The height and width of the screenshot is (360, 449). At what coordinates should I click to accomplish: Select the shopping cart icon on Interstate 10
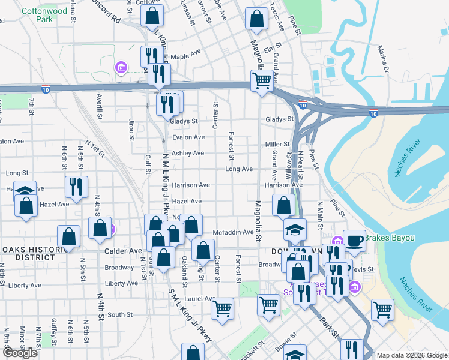(x=262, y=81)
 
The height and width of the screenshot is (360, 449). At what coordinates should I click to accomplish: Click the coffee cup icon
(x=354, y=241)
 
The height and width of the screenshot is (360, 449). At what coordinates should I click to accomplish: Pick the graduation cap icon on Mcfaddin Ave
(x=295, y=230)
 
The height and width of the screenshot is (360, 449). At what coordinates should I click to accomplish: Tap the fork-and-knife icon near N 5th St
(x=76, y=186)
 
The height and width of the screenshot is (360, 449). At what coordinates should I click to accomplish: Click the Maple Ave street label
(x=185, y=56)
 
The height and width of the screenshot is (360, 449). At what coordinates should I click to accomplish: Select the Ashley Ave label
(x=188, y=154)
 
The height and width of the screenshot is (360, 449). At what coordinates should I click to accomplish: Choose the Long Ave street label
(x=239, y=169)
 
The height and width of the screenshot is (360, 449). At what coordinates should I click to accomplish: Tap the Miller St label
(x=277, y=145)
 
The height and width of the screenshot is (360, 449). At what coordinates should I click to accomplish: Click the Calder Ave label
(x=123, y=251)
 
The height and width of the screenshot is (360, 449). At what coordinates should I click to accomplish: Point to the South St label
(x=120, y=314)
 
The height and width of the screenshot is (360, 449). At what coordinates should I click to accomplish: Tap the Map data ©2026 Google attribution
(x=412, y=355)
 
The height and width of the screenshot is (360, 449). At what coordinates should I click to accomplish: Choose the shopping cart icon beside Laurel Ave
(x=223, y=310)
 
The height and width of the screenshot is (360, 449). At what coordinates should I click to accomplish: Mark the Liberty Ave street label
(x=121, y=283)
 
